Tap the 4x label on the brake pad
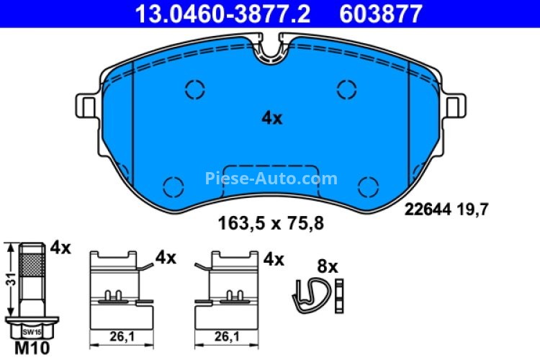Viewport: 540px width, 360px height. click(271, 119)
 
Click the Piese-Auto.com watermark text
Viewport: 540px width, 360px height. click(271, 178)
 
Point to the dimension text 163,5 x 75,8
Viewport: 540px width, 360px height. click(271, 223)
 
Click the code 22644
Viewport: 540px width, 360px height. click(427, 210)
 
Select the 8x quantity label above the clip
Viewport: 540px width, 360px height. click(328, 266)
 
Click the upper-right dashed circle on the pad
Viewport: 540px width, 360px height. click(347, 89)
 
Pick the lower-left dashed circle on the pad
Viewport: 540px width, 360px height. click(173, 186)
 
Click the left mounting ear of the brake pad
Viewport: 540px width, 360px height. click(85, 107)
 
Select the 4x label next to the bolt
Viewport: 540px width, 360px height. click(61, 248)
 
